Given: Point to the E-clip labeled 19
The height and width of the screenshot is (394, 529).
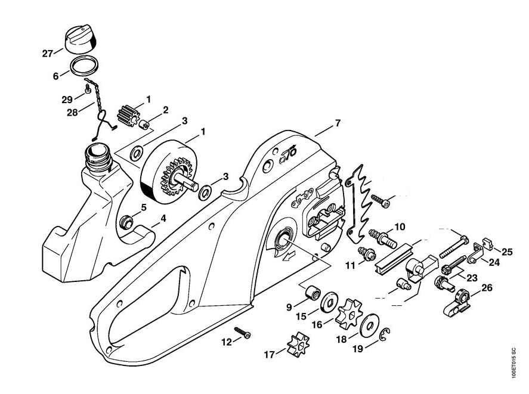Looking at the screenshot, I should point(386,336).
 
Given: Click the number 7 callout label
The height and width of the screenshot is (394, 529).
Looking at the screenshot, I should point(338,124).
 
